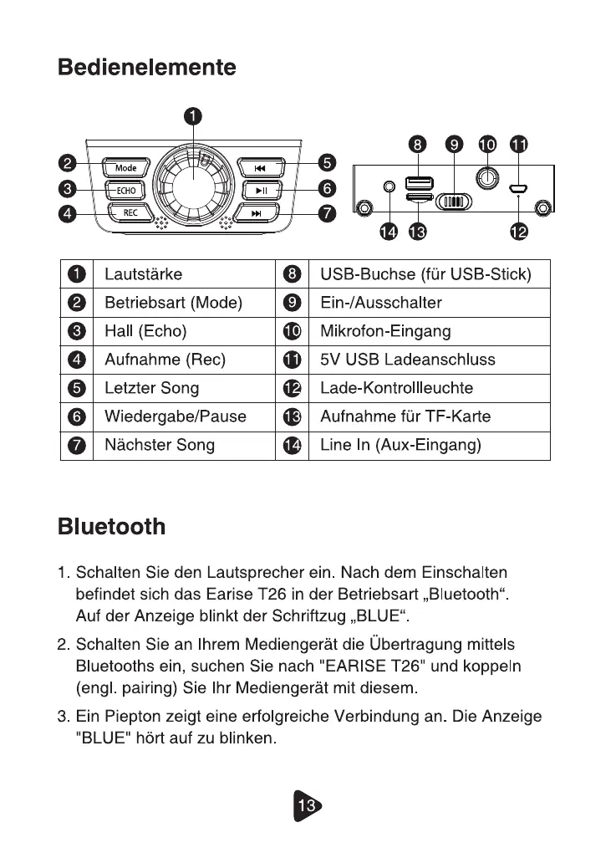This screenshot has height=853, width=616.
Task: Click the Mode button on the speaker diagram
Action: [x=125, y=168]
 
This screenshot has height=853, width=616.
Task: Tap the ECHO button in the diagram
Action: [x=125, y=190]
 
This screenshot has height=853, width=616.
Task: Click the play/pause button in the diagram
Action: [x=262, y=190]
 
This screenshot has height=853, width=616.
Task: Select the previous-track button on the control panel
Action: [x=260, y=168]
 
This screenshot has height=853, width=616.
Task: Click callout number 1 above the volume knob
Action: [x=192, y=117]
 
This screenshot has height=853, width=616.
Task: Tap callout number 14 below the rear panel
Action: [x=387, y=232]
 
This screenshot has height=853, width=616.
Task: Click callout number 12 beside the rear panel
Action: [x=518, y=232]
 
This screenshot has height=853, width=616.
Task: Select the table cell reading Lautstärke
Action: [x=143, y=274]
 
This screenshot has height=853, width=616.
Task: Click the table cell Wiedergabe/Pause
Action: [x=176, y=416]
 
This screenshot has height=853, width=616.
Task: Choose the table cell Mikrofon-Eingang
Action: [x=385, y=331]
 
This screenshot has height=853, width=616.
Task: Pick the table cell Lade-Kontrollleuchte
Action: [x=396, y=388]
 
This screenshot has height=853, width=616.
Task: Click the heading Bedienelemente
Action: [x=147, y=67]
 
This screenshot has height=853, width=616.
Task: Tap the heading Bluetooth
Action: [x=112, y=527]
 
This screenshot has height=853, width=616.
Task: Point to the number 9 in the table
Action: [x=292, y=303]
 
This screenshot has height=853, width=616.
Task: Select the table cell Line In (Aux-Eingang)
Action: [x=400, y=445]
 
